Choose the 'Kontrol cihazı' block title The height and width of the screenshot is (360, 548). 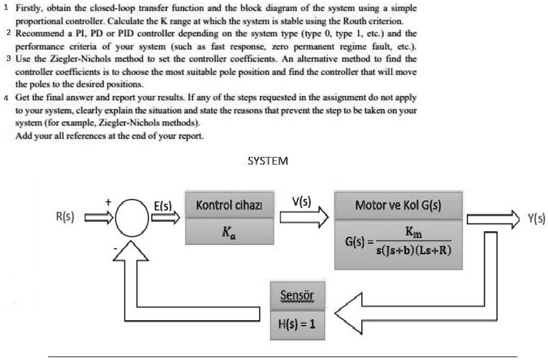coord(229,205)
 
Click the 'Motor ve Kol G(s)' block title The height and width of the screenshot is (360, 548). coord(398,206)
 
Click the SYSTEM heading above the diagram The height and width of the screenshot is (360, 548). coord(268,160)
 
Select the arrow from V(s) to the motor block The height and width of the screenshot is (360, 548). coord(303,218)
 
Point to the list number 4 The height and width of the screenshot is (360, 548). coord(5,97)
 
